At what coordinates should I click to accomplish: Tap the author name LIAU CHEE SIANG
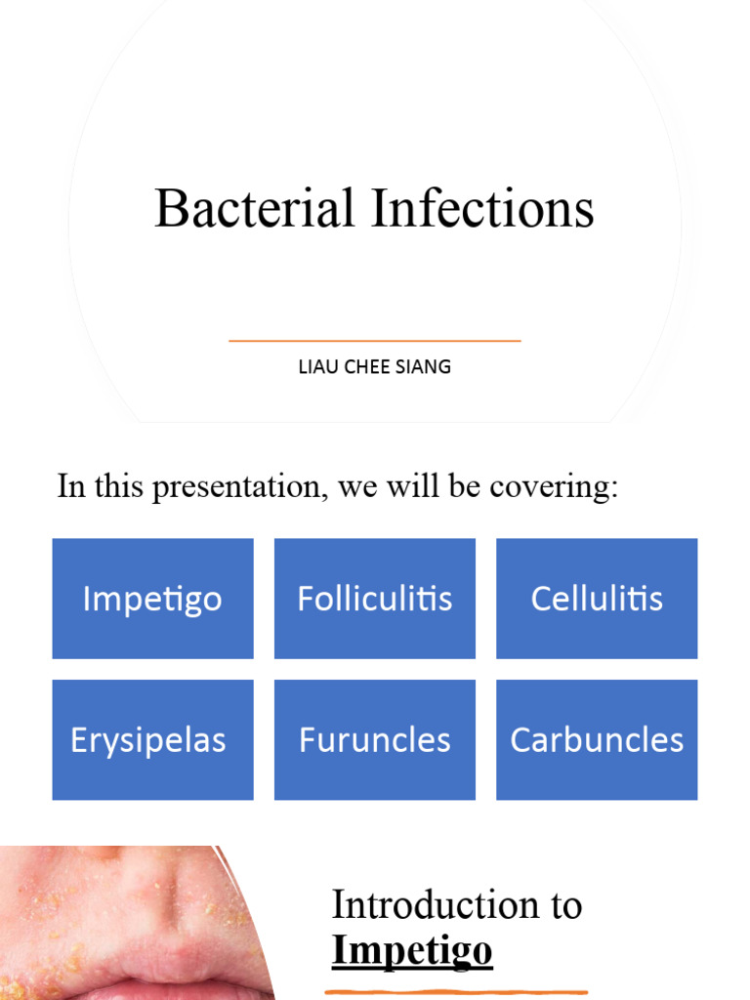click(x=374, y=367)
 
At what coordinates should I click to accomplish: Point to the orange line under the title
click(x=374, y=341)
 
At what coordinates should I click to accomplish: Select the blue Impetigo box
click(x=152, y=599)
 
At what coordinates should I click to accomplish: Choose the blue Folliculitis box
click(x=375, y=599)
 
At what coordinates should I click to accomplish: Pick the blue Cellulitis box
click(x=597, y=599)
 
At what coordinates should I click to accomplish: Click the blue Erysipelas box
click(x=152, y=740)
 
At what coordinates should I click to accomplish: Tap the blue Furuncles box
click(x=375, y=740)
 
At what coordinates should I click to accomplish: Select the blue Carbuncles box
click(x=597, y=740)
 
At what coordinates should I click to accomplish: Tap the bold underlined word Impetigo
click(x=412, y=950)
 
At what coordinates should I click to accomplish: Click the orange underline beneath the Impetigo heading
click(x=456, y=992)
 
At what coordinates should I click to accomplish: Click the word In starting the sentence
click(x=71, y=486)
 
